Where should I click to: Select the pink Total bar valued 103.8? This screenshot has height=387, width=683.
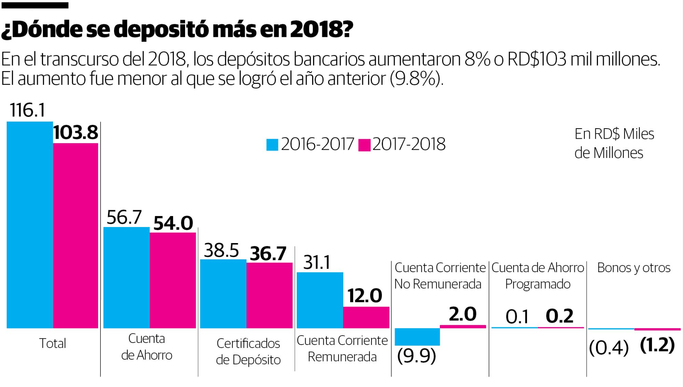click(75, 236)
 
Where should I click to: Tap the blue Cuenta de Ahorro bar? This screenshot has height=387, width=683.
click(126, 278)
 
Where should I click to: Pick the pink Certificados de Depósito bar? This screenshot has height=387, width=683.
click(269, 295)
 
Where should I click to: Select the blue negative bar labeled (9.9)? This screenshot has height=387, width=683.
click(417, 337)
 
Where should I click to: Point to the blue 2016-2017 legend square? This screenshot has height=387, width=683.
click(272, 145)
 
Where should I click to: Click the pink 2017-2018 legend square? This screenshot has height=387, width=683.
click(364, 145)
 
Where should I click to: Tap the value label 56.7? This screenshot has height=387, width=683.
click(124, 217)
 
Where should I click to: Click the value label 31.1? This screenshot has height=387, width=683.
click(317, 263)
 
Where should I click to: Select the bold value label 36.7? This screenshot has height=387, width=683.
click(268, 254)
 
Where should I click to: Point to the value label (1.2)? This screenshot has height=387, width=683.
click(657, 345)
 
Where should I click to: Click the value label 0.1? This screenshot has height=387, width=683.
click(517, 317)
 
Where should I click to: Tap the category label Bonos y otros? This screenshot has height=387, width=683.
click(634, 268)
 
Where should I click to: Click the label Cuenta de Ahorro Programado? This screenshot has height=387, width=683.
click(538, 276)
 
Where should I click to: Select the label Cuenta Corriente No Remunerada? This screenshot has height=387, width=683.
click(440, 276)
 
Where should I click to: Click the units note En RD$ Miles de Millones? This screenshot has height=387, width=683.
click(614, 144)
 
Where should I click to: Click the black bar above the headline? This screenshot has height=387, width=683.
click(34, 5)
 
